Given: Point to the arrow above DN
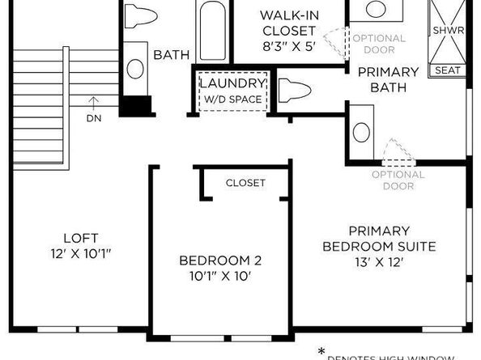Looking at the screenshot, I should tap(95, 102).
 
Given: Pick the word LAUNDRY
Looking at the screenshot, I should tap(232, 84).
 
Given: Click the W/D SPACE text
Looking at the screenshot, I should tap(232, 99).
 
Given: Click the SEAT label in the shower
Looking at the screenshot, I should tap(448, 70).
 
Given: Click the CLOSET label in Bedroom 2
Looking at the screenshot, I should tap(245, 183).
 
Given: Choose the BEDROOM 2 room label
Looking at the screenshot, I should tap(220, 260).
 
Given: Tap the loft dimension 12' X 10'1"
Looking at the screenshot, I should tap(80, 254).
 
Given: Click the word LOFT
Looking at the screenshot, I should tap(80, 238).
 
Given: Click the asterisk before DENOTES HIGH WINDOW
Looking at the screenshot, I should tap(321, 350).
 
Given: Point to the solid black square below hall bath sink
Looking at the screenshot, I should tap(137, 107).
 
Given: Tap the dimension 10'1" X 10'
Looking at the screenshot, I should tap(220, 277).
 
